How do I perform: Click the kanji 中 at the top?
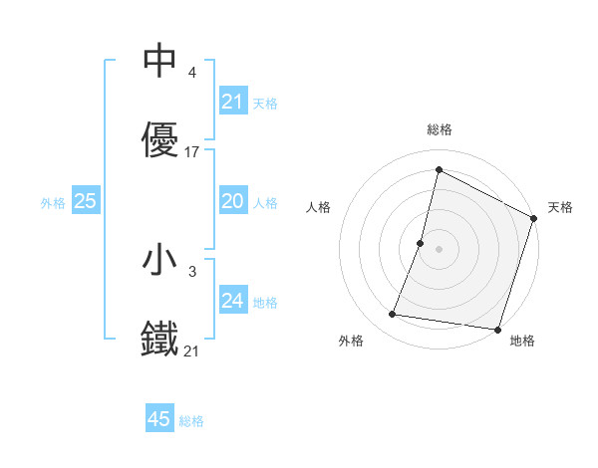[x=159, y=62]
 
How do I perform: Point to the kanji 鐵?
[x=159, y=339]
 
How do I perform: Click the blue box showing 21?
[x=232, y=102]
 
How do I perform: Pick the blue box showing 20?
[x=232, y=202]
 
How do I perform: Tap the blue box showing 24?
[x=232, y=301]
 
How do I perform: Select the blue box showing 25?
[x=86, y=201]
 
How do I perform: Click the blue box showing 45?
[x=159, y=419]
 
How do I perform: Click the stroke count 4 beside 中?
[x=191, y=73]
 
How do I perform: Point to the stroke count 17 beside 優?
[x=193, y=152]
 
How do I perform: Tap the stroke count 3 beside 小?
[x=191, y=270]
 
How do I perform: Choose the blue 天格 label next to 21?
[x=265, y=103]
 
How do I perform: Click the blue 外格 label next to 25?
[x=53, y=202]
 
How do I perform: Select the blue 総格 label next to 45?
[x=191, y=420]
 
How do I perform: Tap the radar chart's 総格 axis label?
[x=439, y=129]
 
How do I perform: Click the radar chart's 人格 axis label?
[x=319, y=207]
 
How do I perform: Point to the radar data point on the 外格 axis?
[x=393, y=315]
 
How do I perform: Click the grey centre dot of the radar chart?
[x=439, y=248]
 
